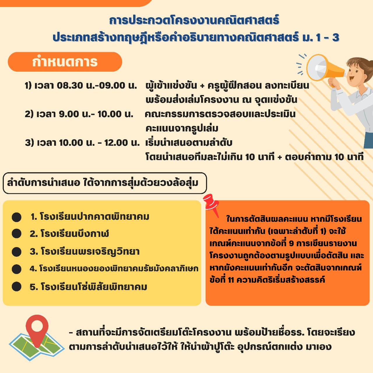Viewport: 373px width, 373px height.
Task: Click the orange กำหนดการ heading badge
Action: [x=65, y=62]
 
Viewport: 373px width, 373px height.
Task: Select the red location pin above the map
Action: [x=37, y=328]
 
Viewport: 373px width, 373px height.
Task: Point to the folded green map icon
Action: [x=36, y=347]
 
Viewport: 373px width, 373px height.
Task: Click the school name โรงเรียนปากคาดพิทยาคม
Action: [x=94, y=217]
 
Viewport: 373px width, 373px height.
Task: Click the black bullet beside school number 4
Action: [x=17, y=269]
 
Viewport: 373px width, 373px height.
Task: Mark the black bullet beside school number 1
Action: [x=17, y=217]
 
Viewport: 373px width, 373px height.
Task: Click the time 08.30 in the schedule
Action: [x=70, y=85]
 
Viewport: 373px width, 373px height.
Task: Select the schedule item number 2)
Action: [x=29, y=114]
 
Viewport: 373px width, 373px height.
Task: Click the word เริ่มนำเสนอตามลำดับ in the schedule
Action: [x=189, y=143]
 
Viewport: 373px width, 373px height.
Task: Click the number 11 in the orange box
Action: [x=231, y=280]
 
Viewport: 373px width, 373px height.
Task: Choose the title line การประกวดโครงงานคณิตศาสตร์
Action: [x=194, y=20]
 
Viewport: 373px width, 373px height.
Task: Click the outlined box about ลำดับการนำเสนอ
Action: [x=105, y=183]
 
